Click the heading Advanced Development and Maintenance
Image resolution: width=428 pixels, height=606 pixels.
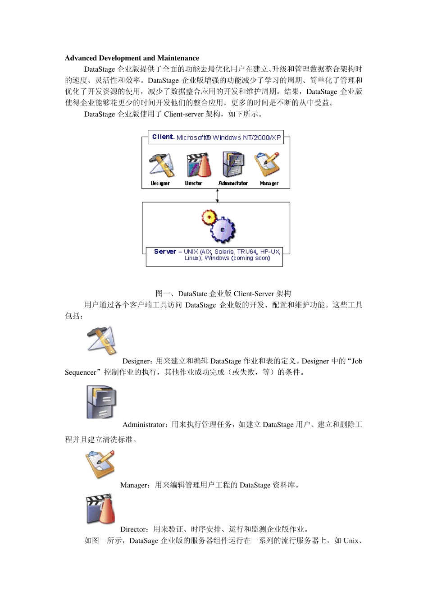click(x=132, y=58)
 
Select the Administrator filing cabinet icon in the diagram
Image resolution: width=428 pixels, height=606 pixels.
click(x=233, y=164)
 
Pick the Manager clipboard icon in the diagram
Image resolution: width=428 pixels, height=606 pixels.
click(x=267, y=164)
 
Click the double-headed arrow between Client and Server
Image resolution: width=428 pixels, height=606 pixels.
click(x=217, y=195)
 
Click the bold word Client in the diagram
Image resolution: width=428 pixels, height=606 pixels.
click(x=162, y=137)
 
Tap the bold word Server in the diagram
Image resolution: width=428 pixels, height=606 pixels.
click(x=165, y=252)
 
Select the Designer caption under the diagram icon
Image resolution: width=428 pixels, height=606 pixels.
click(x=160, y=184)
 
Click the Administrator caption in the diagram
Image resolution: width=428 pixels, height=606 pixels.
click(x=233, y=184)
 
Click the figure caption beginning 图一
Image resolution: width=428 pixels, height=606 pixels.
click(x=223, y=294)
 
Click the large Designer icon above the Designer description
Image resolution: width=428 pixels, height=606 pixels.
click(x=102, y=341)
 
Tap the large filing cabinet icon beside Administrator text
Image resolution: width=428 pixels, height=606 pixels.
click(x=102, y=402)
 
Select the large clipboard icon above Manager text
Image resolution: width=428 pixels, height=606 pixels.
click(x=100, y=464)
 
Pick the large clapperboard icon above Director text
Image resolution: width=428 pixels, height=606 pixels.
click(x=100, y=509)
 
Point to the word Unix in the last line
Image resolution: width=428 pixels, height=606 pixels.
click(x=351, y=541)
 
